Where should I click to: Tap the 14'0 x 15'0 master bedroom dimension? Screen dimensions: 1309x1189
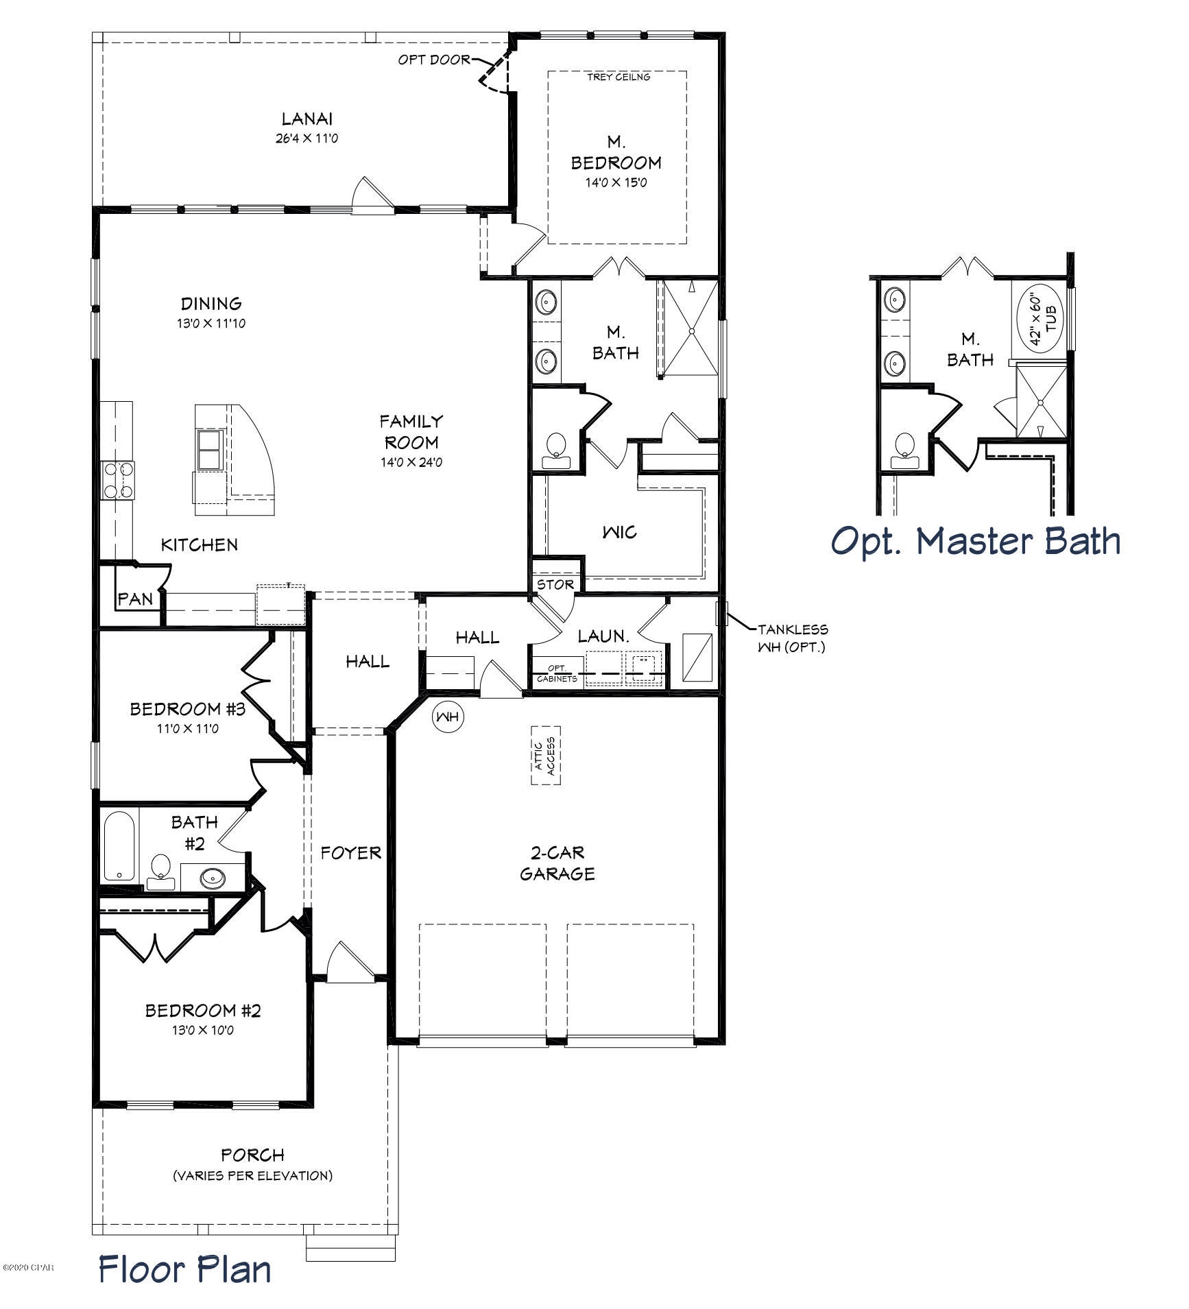616,183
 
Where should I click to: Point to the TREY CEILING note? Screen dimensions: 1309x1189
618,77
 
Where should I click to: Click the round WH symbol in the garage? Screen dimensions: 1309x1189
448,717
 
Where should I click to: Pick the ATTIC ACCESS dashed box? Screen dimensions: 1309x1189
546,756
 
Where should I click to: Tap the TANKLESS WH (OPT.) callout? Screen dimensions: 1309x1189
792,637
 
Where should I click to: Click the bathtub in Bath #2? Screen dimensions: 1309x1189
119,845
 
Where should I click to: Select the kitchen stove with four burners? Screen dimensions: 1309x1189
118,480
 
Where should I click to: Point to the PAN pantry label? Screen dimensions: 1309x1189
135,599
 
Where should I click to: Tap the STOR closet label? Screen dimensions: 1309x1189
555,584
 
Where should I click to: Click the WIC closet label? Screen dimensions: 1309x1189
619,532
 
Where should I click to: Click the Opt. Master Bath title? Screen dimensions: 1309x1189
976,542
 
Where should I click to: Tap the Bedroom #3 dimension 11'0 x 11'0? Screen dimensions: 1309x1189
188,728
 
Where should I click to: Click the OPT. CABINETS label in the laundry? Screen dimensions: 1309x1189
556,673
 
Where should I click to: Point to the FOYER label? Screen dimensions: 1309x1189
350,852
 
